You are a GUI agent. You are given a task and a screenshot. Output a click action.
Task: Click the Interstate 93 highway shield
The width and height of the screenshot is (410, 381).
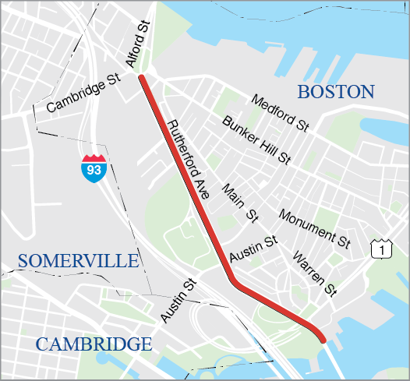(94, 168)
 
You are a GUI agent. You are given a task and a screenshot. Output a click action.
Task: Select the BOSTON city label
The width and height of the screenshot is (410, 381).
(336, 92)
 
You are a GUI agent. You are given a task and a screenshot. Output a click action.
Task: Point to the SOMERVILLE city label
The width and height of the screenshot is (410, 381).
(78, 260)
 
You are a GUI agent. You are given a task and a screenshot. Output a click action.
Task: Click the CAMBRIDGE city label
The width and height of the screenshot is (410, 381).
(94, 344)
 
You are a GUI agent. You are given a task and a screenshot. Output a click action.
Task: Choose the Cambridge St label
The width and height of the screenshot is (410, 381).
(82, 94)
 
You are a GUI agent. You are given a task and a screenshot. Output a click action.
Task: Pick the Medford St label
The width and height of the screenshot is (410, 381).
(281, 111)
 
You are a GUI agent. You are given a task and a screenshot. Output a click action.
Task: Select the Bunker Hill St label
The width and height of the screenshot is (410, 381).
(256, 140)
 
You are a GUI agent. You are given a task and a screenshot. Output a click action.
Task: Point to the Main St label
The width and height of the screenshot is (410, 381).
(239, 201)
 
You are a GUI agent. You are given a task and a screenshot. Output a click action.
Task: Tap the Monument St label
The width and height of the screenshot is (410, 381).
(314, 227)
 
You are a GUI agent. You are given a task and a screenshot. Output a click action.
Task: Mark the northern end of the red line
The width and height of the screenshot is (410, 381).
(142, 77)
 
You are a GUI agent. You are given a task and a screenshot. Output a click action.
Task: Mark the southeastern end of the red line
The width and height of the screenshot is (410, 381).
(322, 337)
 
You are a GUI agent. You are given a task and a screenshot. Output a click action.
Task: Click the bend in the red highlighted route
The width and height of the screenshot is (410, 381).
(232, 280)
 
